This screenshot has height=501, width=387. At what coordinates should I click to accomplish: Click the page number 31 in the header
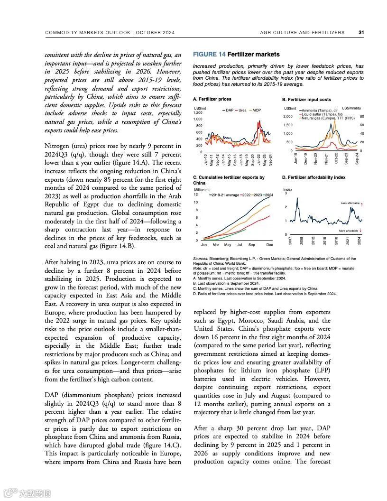coord(361,33)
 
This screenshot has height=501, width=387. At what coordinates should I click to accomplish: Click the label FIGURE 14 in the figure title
coord(209,55)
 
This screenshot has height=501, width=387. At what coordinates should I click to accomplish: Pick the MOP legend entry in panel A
coord(256,110)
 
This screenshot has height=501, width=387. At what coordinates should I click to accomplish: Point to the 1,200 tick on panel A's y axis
coord(198,112)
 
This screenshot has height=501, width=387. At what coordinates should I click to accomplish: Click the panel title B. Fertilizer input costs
coord(306,100)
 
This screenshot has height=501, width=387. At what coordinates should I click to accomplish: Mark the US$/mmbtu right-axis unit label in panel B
coord(351,109)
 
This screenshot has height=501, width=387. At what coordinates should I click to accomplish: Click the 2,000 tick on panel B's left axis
coord(287,117)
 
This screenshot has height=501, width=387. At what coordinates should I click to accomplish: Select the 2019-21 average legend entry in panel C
coord(226,195)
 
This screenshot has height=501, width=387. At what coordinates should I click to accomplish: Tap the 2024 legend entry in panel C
coord(268,195)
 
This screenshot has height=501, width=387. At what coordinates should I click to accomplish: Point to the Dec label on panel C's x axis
coord(269,245)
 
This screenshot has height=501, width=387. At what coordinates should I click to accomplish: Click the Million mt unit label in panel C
coord(202,190)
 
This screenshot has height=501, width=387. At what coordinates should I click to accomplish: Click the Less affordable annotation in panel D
coord(350,203)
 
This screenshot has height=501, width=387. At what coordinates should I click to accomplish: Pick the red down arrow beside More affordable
coord(361,231)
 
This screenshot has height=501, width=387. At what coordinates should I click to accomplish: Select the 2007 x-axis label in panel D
coord(290,241)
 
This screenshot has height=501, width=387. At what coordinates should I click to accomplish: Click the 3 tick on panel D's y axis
coord(286,193)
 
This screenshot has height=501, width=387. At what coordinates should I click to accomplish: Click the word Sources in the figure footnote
coord(201,259)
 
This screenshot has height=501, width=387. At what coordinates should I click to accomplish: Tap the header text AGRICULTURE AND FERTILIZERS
coord(302,33)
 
